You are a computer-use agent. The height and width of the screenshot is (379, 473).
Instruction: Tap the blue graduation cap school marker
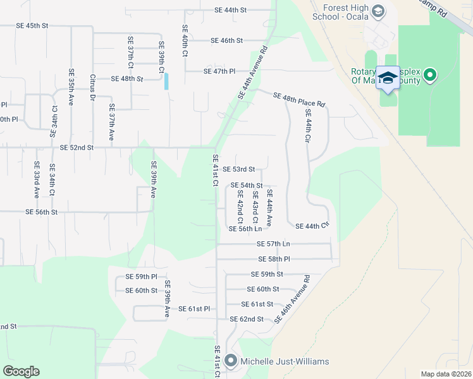coord(387,77)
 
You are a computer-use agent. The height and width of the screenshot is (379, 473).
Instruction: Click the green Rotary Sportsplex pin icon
coord(430,76)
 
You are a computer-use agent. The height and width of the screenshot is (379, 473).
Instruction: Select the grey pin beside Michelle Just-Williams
coord(230,361)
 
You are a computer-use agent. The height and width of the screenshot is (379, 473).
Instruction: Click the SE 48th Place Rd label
coord(299,100)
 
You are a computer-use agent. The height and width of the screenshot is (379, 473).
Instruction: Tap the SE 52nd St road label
coord(77,147)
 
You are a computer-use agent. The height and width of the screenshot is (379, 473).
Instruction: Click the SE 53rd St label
coord(238,169)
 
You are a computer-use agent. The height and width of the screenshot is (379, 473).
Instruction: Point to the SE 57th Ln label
coord(273,244)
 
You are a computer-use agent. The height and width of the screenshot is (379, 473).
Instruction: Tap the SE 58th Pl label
coord(274,259)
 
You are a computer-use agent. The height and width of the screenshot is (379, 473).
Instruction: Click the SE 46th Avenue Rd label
coord(292,299)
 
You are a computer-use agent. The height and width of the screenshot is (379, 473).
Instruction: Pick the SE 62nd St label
coord(247,319)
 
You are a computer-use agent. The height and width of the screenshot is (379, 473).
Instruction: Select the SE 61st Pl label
coord(193,308)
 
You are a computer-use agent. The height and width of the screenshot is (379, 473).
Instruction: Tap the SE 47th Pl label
coord(219,71)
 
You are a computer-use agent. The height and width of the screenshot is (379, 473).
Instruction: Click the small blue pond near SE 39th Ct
coord(166,81)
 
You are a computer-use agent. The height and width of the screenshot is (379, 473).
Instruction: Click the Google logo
coord(21,371)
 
